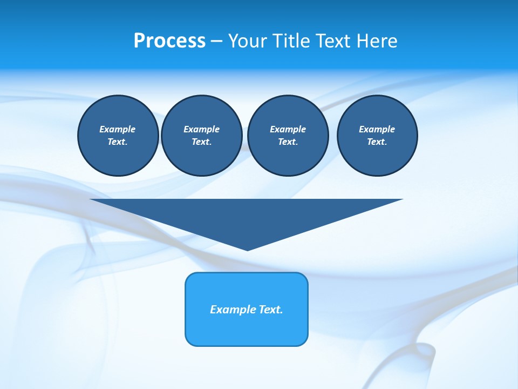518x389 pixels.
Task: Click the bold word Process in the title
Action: [x=169, y=41]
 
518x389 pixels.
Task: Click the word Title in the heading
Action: [x=291, y=41]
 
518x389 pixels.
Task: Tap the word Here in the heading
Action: [x=376, y=41]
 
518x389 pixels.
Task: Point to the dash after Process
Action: [x=217, y=42]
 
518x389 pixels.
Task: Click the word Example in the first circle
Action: [x=117, y=129]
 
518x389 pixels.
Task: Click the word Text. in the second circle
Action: [x=201, y=142]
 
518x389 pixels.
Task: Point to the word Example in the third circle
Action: [x=288, y=129]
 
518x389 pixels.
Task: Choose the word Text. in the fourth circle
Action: [x=377, y=142]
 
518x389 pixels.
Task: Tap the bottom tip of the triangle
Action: [x=247, y=249]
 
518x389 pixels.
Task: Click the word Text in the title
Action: [x=330, y=41]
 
